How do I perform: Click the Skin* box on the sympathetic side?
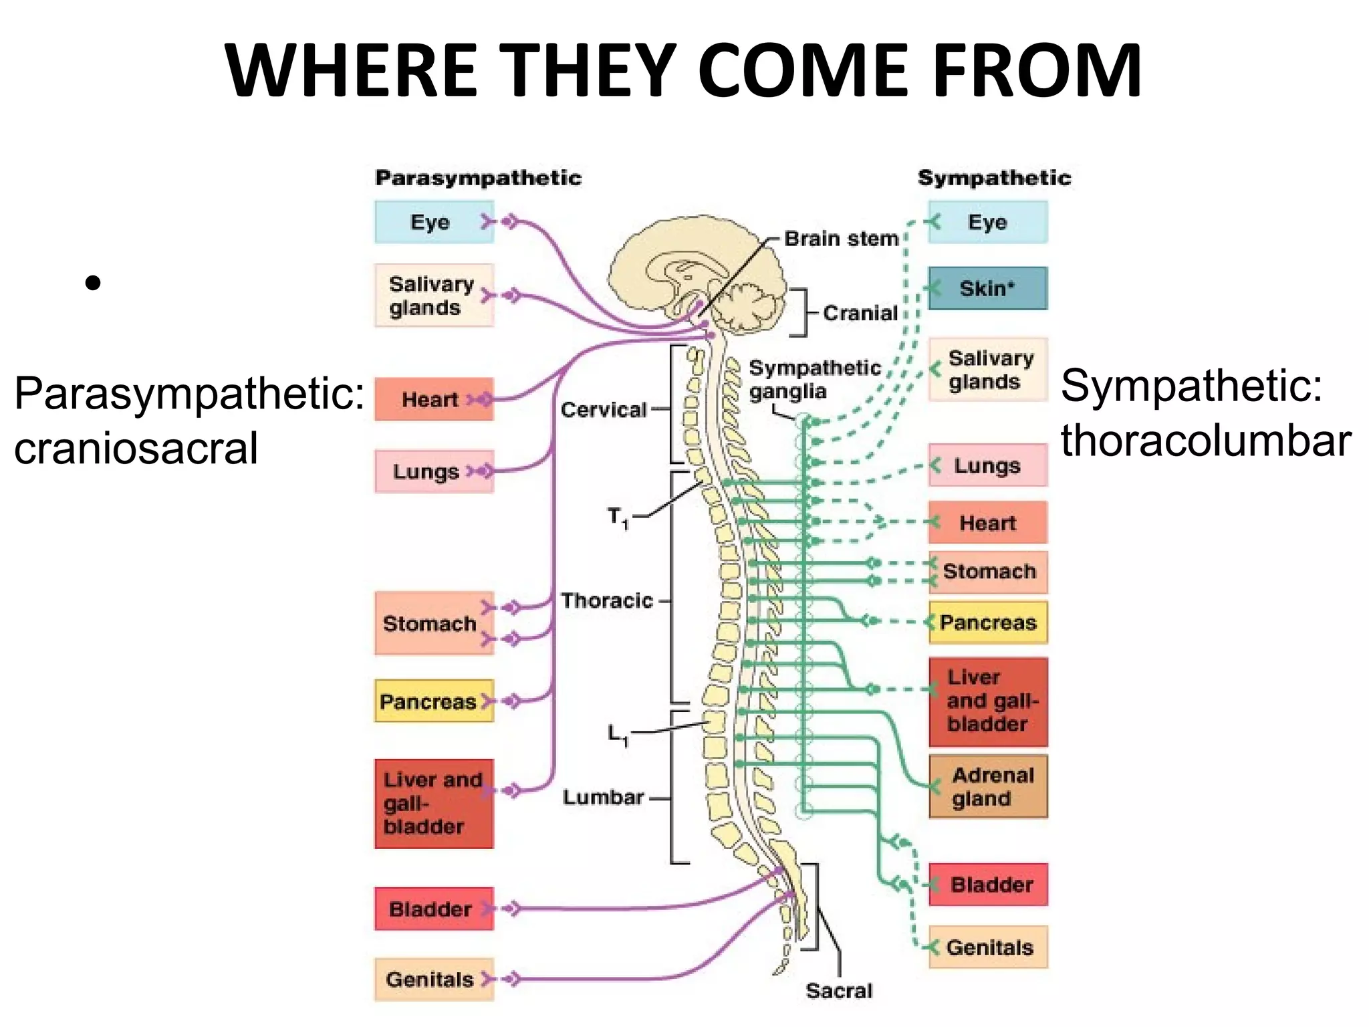tap(987, 288)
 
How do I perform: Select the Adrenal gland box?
tap(988, 786)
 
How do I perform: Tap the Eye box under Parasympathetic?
tap(434, 222)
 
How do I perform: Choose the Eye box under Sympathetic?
tap(987, 222)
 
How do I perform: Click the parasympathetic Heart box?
tap(434, 399)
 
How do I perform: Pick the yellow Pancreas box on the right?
tap(988, 622)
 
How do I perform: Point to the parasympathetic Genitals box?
tap(434, 980)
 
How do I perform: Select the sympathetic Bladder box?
tap(988, 885)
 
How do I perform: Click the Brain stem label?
tap(841, 239)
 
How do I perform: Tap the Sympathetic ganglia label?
tap(814, 379)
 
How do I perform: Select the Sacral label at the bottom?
tap(839, 990)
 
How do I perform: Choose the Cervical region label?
tap(604, 409)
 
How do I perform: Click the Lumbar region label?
tap(603, 797)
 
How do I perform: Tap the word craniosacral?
tap(136, 448)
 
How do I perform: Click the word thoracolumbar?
tap(1205, 441)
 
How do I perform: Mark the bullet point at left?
tap(93, 283)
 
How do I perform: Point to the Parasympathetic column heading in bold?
tap(479, 178)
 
